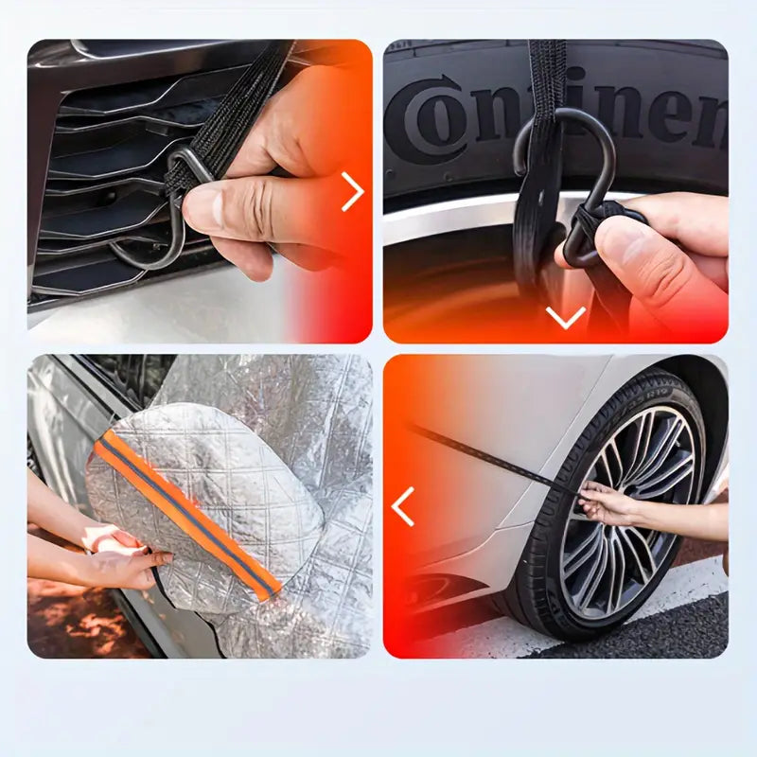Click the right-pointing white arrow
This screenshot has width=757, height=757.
(x=352, y=192)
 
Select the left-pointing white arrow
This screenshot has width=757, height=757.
(x=403, y=506)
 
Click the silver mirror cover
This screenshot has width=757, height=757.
(x=218, y=473)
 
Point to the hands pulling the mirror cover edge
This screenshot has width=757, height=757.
(x=123, y=558)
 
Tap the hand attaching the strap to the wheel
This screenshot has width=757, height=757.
(x=606, y=502)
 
